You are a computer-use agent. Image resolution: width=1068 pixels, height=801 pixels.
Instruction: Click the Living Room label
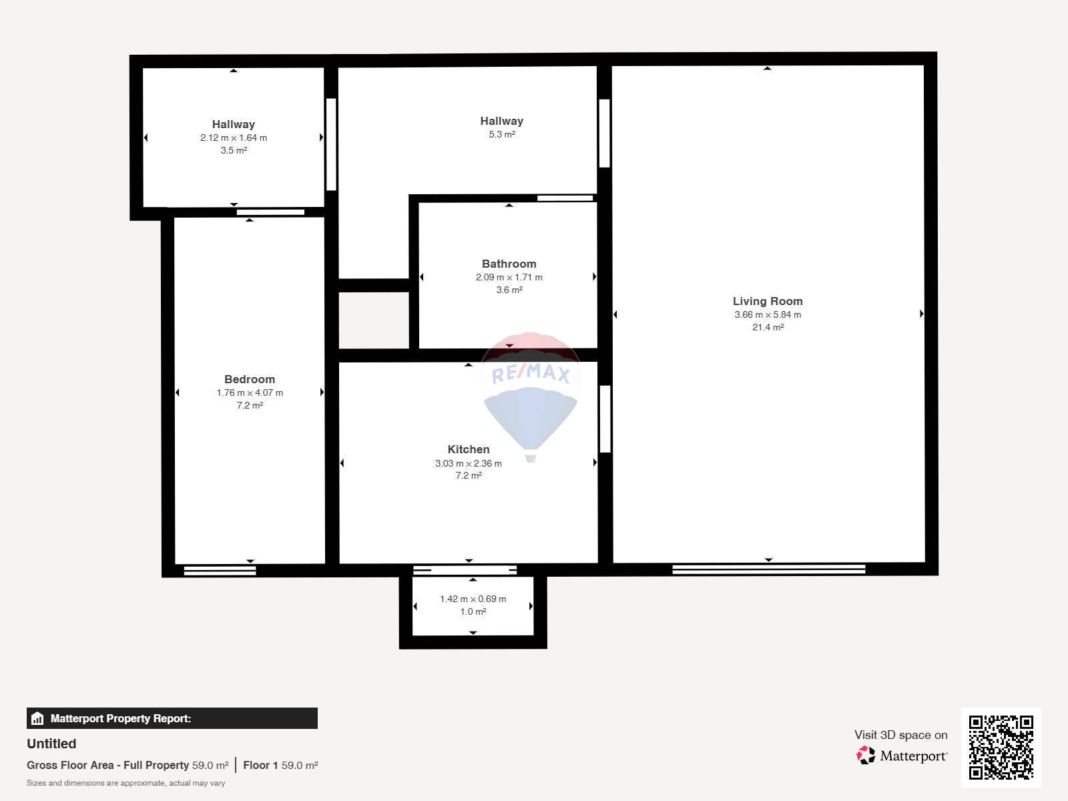768,302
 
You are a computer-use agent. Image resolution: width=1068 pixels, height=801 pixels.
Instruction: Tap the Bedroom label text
250,379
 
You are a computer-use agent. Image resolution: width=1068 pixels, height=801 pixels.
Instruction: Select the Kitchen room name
469,449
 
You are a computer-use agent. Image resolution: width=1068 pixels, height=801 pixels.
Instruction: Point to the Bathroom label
509,264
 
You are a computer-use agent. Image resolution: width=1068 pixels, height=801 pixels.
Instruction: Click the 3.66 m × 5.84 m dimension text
768,314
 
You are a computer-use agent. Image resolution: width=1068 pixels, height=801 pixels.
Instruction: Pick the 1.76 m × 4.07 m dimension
250,392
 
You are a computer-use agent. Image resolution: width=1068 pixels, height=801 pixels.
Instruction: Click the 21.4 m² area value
768,327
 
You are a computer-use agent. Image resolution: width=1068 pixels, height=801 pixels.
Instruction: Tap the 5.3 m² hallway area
502,134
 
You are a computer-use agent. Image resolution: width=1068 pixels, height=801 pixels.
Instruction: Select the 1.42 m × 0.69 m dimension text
473,599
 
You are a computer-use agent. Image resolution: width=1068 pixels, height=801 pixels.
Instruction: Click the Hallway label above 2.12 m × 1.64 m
234,125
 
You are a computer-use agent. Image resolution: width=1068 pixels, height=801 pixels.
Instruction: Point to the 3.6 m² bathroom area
509,290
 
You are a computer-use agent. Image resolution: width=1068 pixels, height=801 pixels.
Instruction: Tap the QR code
1001,747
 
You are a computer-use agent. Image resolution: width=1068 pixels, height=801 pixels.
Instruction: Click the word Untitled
51,744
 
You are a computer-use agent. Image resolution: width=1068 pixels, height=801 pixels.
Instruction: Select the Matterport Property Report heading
121,718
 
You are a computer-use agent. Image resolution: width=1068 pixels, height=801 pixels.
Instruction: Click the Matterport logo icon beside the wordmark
866,755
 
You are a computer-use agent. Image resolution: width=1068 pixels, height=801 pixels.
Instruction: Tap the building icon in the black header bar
37,718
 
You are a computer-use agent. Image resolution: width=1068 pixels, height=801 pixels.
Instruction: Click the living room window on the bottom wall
769,569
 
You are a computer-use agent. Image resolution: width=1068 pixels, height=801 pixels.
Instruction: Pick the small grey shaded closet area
374,320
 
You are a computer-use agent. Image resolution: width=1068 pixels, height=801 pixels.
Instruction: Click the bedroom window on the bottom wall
220,571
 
